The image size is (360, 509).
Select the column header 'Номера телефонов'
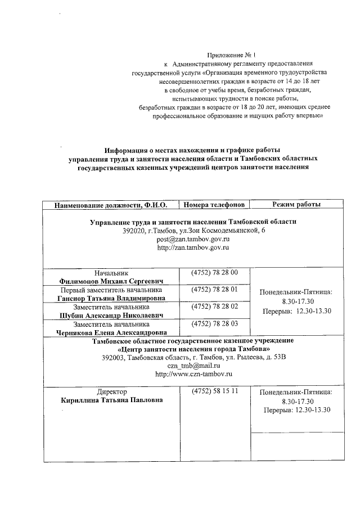pyautogui.click(x=214, y=204)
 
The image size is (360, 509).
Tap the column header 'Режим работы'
pyautogui.click(x=296, y=204)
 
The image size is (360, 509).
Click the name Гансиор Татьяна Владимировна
pyautogui.click(x=111, y=298)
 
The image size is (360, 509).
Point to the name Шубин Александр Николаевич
pyautogui.click(x=111, y=316)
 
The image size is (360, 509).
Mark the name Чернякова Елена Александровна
pyautogui.click(x=111, y=332)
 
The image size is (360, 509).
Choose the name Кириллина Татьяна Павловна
pyautogui.click(x=112, y=400)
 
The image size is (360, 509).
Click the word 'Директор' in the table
pyautogui.click(x=112, y=391)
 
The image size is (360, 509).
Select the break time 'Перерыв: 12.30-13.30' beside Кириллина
pyautogui.click(x=297, y=410)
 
